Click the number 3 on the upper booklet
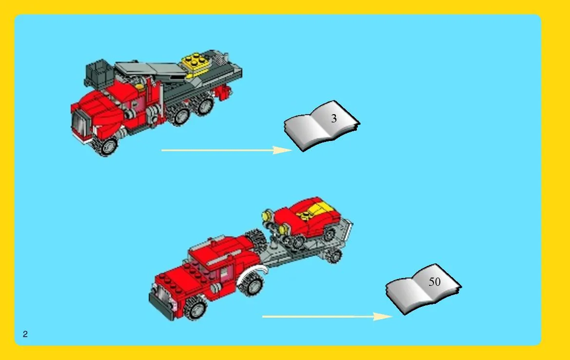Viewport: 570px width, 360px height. (334, 119)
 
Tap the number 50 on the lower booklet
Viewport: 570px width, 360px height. (434, 282)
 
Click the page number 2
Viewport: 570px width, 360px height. (25, 334)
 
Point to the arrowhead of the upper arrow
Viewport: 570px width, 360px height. (282, 150)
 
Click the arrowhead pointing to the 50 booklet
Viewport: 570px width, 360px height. (383, 317)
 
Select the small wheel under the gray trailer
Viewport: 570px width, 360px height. (334, 256)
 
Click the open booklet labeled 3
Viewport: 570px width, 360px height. (322, 125)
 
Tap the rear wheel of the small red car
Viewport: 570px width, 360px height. (329, 234)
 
